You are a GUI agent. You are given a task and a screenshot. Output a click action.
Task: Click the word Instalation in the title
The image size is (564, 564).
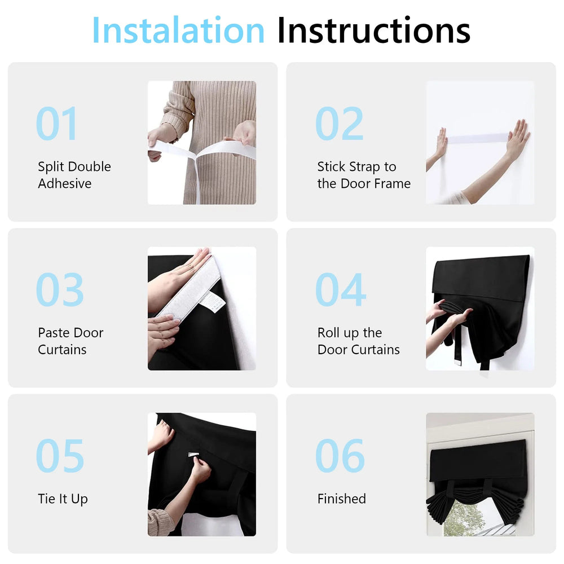pyautogui.click(x=178, y=30)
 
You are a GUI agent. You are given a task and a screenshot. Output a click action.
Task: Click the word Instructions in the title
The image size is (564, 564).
pyautogui.click(x=373, y=30)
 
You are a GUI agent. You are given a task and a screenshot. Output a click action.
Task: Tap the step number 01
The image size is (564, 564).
pyautogui.click(x=57, y=124)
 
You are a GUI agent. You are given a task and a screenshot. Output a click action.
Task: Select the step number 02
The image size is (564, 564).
pyautogui.click(x=340, y=124)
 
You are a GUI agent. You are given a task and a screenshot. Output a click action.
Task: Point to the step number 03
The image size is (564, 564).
pyautogui.click(x=60, y=290)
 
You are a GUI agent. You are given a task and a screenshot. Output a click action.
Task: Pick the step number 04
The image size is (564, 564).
pyautogui.click(x=341, y=290)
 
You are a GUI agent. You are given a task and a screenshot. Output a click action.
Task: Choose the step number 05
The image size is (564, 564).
pyautogui.click(x=60, y=456)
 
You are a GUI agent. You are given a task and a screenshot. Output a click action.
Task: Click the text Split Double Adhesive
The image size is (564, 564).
pyautogui.click(x=74, y=175)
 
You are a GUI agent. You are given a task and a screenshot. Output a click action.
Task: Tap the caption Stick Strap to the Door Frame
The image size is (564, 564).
pyautogui.click(x=364, y=175)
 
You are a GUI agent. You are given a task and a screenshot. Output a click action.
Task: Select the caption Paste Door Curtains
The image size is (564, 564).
pyautogui.click(x=70, y=341)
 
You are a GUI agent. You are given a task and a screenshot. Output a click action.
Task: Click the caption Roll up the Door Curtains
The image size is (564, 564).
pyautogui.click(x=358, y=341)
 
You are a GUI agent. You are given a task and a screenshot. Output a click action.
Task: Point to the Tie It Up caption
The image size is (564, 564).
pyautogui.click(x=63, y=499)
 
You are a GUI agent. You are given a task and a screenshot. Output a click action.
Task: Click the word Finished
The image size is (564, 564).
pyautogui.click(x=341, y=499)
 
